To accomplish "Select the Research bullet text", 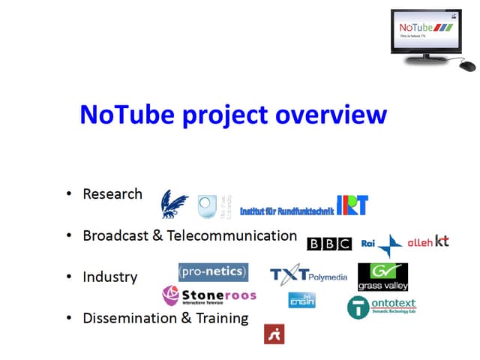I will coord(112,193).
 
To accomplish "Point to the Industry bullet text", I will coord(110,277).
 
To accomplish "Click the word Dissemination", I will coord(130,318).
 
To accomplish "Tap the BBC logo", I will coord(329,243).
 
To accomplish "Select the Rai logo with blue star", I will coord(382,244).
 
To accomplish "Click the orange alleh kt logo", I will coord(428,241).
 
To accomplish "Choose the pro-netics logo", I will coord(213,271).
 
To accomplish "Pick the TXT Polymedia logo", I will coord(308,275).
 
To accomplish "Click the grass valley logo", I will coord(382,277).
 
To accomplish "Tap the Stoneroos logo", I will coord(209,295).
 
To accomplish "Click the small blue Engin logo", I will coord(301,300).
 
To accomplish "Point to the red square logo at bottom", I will coord(274,334).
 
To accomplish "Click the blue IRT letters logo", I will coord(352,205).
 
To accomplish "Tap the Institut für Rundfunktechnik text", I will coord(286,211).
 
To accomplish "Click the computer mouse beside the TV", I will coord(466,65).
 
